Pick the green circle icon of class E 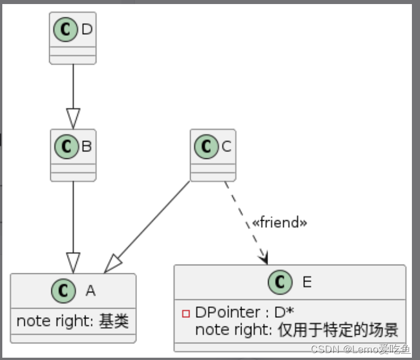tap(281, 282)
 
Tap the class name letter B tap(87, 147)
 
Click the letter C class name tap(226, 147)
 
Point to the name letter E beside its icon tap(307, 282)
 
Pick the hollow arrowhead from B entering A tap(73, 262)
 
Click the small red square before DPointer tap(186, 314)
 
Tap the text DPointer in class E tap(228, 313)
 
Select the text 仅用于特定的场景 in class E tap(338, 331)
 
